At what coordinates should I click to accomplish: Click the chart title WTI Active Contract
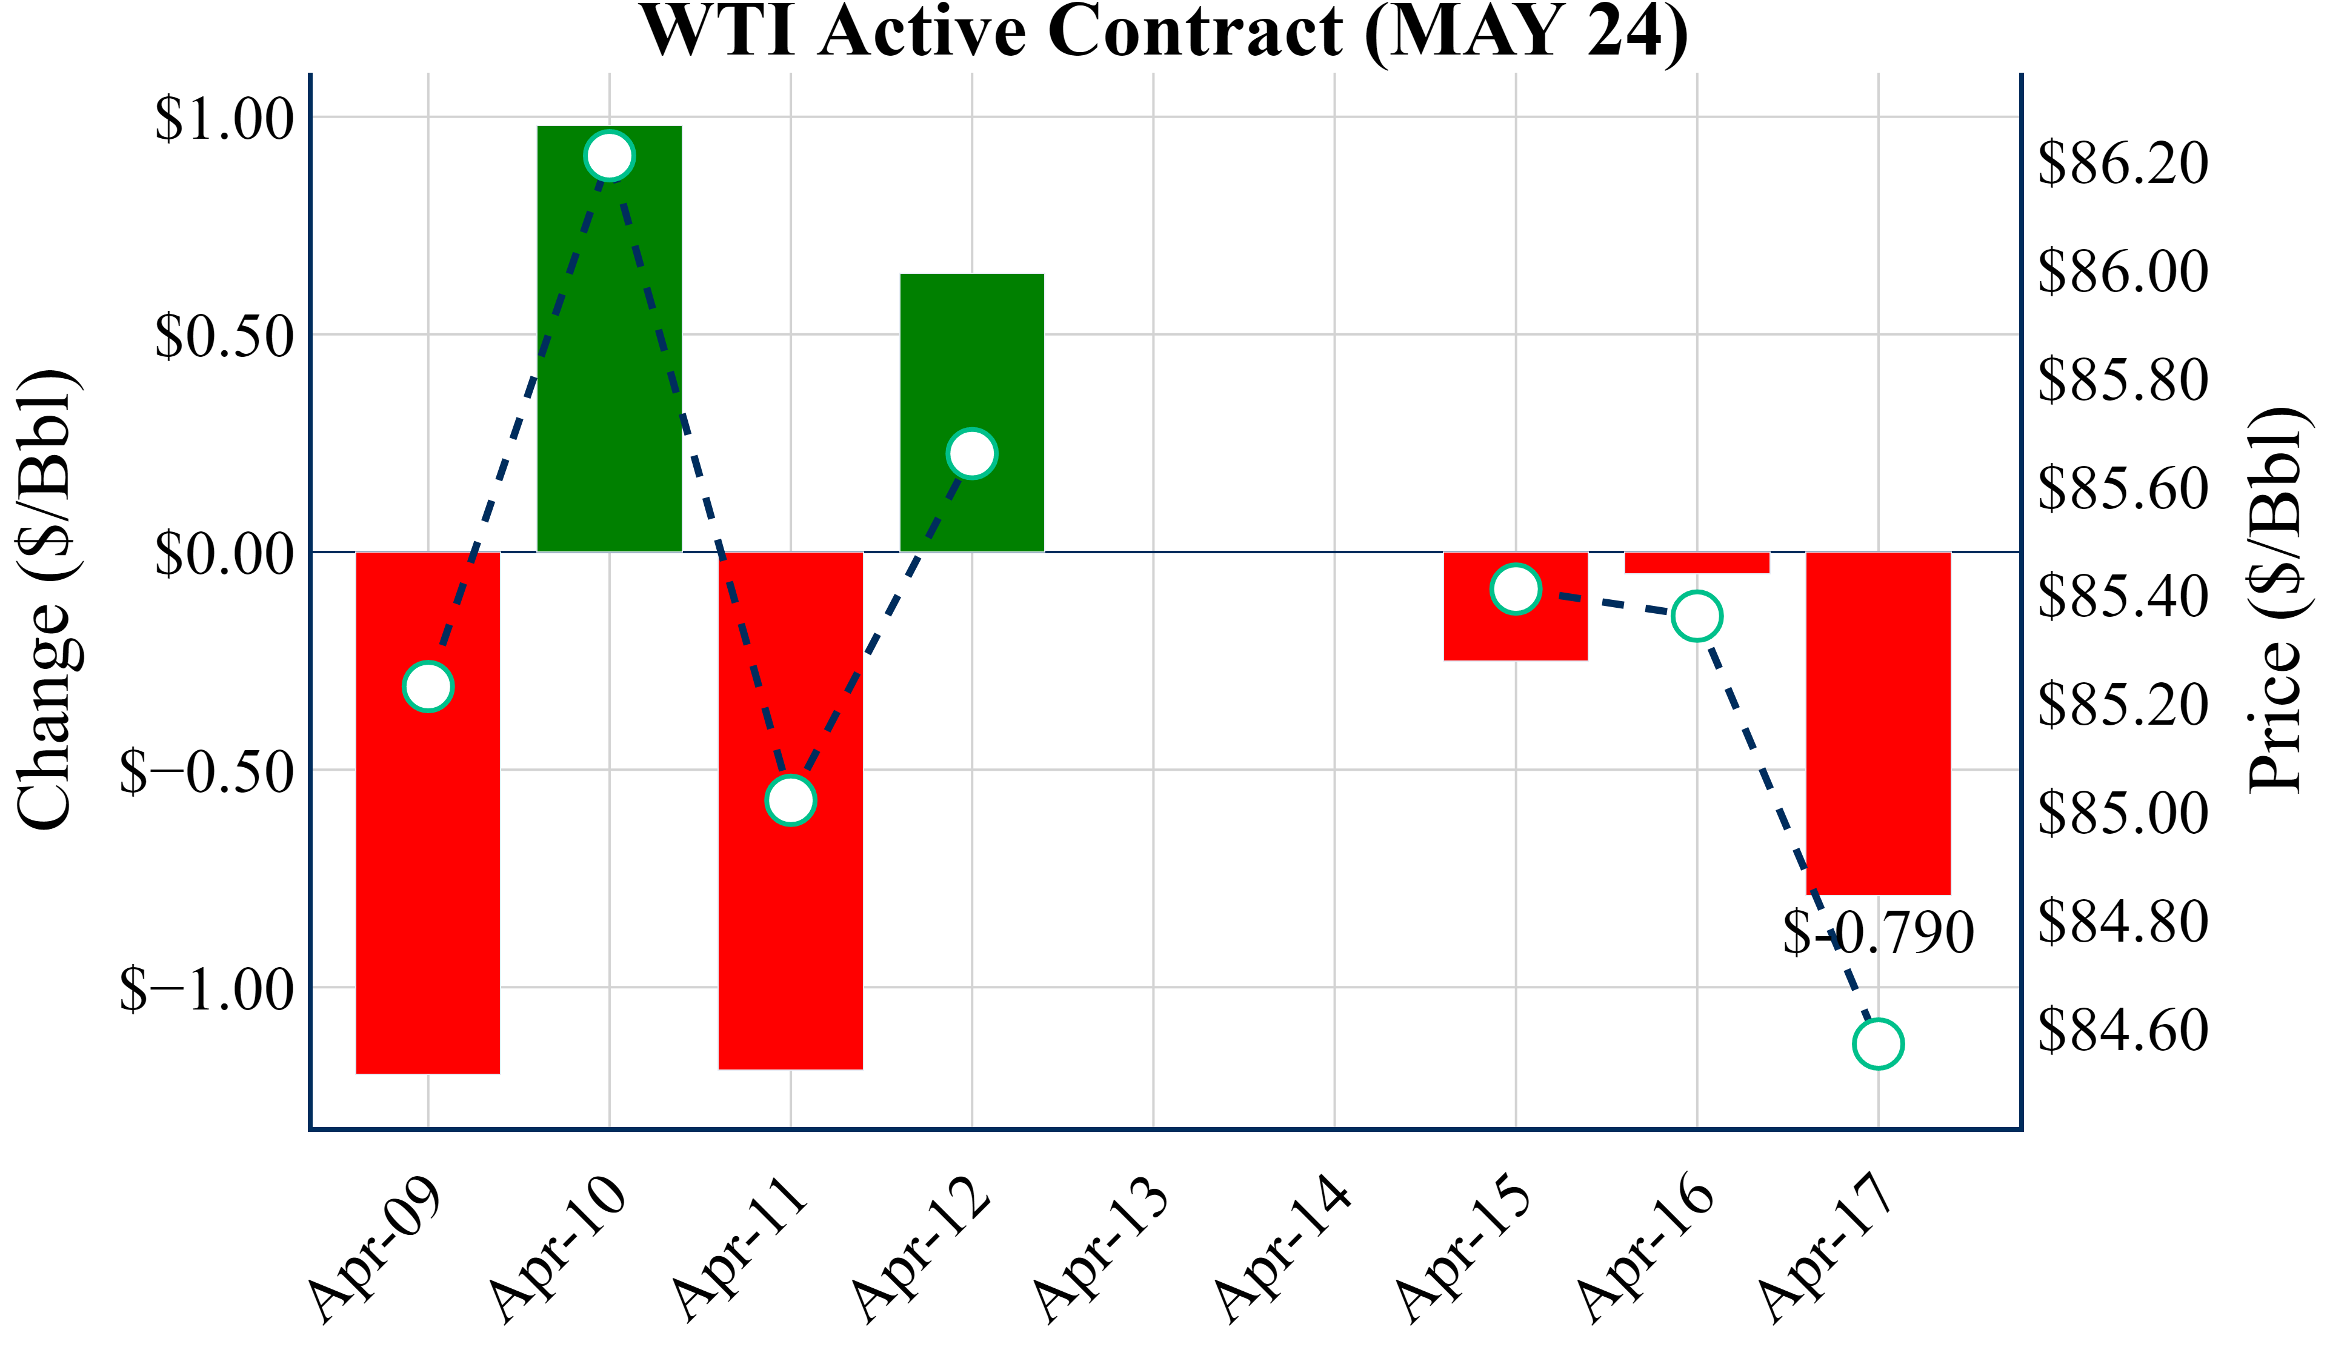coord(1163,32)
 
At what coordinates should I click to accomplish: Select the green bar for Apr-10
coord(610,370)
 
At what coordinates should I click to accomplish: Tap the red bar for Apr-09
coord(428,877)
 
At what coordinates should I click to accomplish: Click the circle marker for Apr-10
coord(610,155)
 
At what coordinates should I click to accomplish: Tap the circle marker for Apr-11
coord(790,800)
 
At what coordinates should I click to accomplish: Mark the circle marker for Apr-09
coord(428,687)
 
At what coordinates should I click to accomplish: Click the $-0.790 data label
coord(1878,933)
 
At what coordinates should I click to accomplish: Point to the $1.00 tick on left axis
coord(224,118)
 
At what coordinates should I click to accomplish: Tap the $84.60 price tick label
coord(2122,1030)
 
